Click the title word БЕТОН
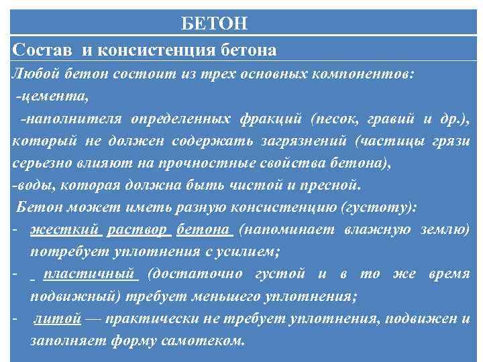point(215,25)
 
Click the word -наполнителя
point(70,119)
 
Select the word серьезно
point(40,163)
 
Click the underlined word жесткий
point(64,229)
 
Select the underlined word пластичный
point(90,274)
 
